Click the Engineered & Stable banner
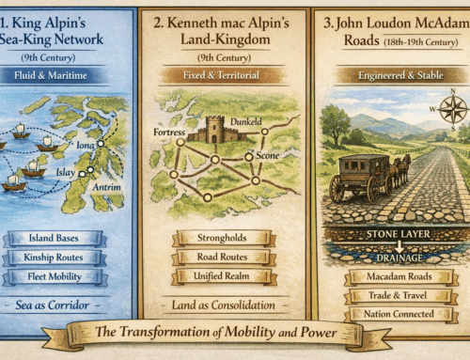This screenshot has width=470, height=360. tap(390, 75)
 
